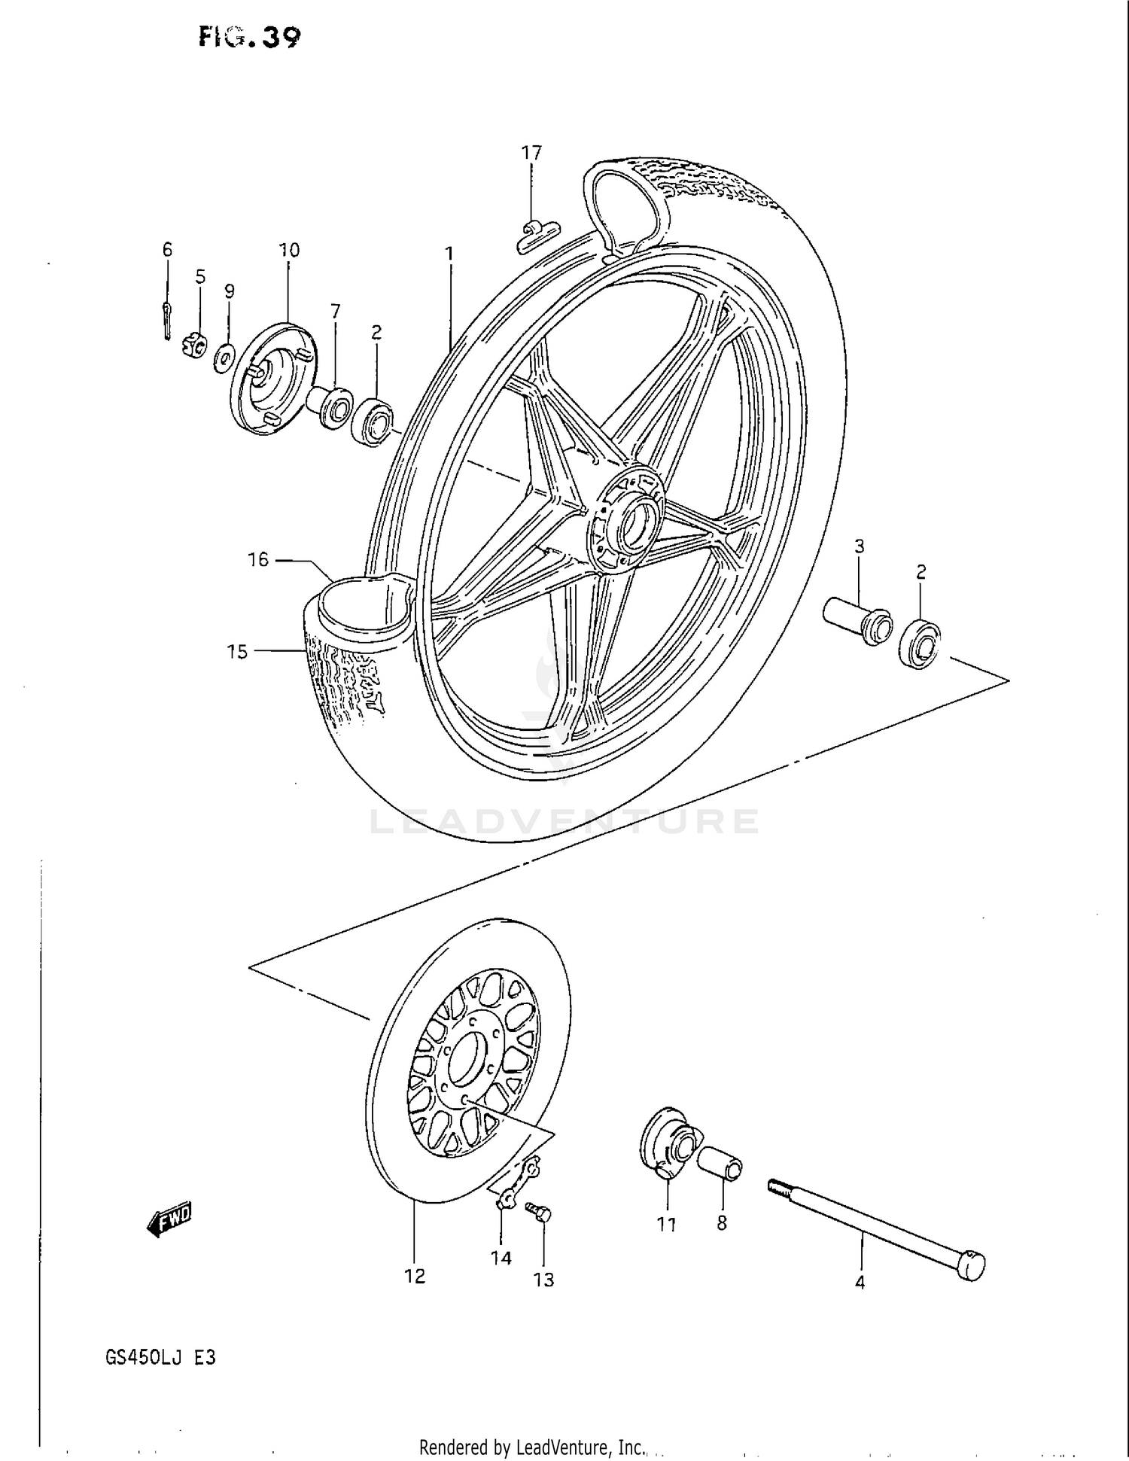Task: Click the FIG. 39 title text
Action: pyautogui.click(x=249, y=36)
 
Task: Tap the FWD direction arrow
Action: pyautogui.click(x=170, y=1219)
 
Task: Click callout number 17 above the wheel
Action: pyautogui.click(x=531, y=153)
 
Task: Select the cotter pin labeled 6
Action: pyautogui.click(x=166, y=319)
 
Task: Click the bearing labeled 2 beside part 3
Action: pyautogui.click(x=920, y=641)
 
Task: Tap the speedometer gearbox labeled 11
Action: pyautogui.click(x=665, y=1146)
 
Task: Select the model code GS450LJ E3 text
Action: pyautogui.click(x=161, y=1357)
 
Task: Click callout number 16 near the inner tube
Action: pyautogui.click(x=257, y=559)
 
